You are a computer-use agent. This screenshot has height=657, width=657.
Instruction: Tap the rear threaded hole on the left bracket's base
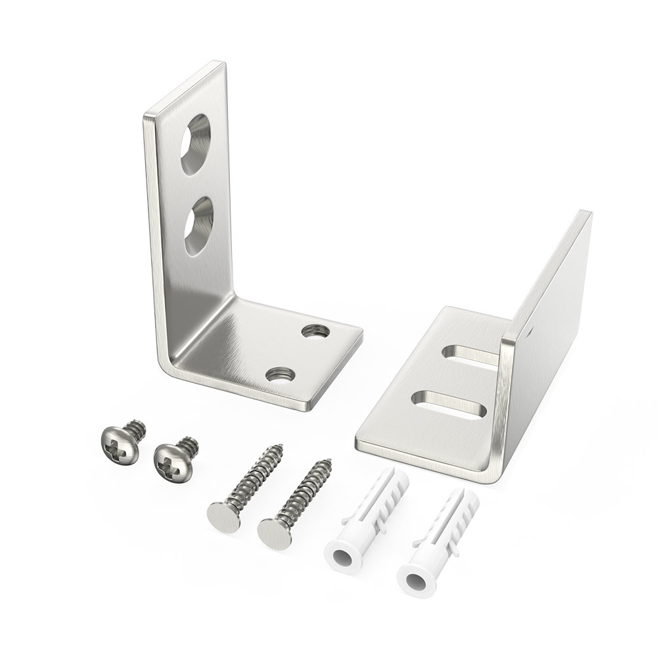point(315,330)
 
